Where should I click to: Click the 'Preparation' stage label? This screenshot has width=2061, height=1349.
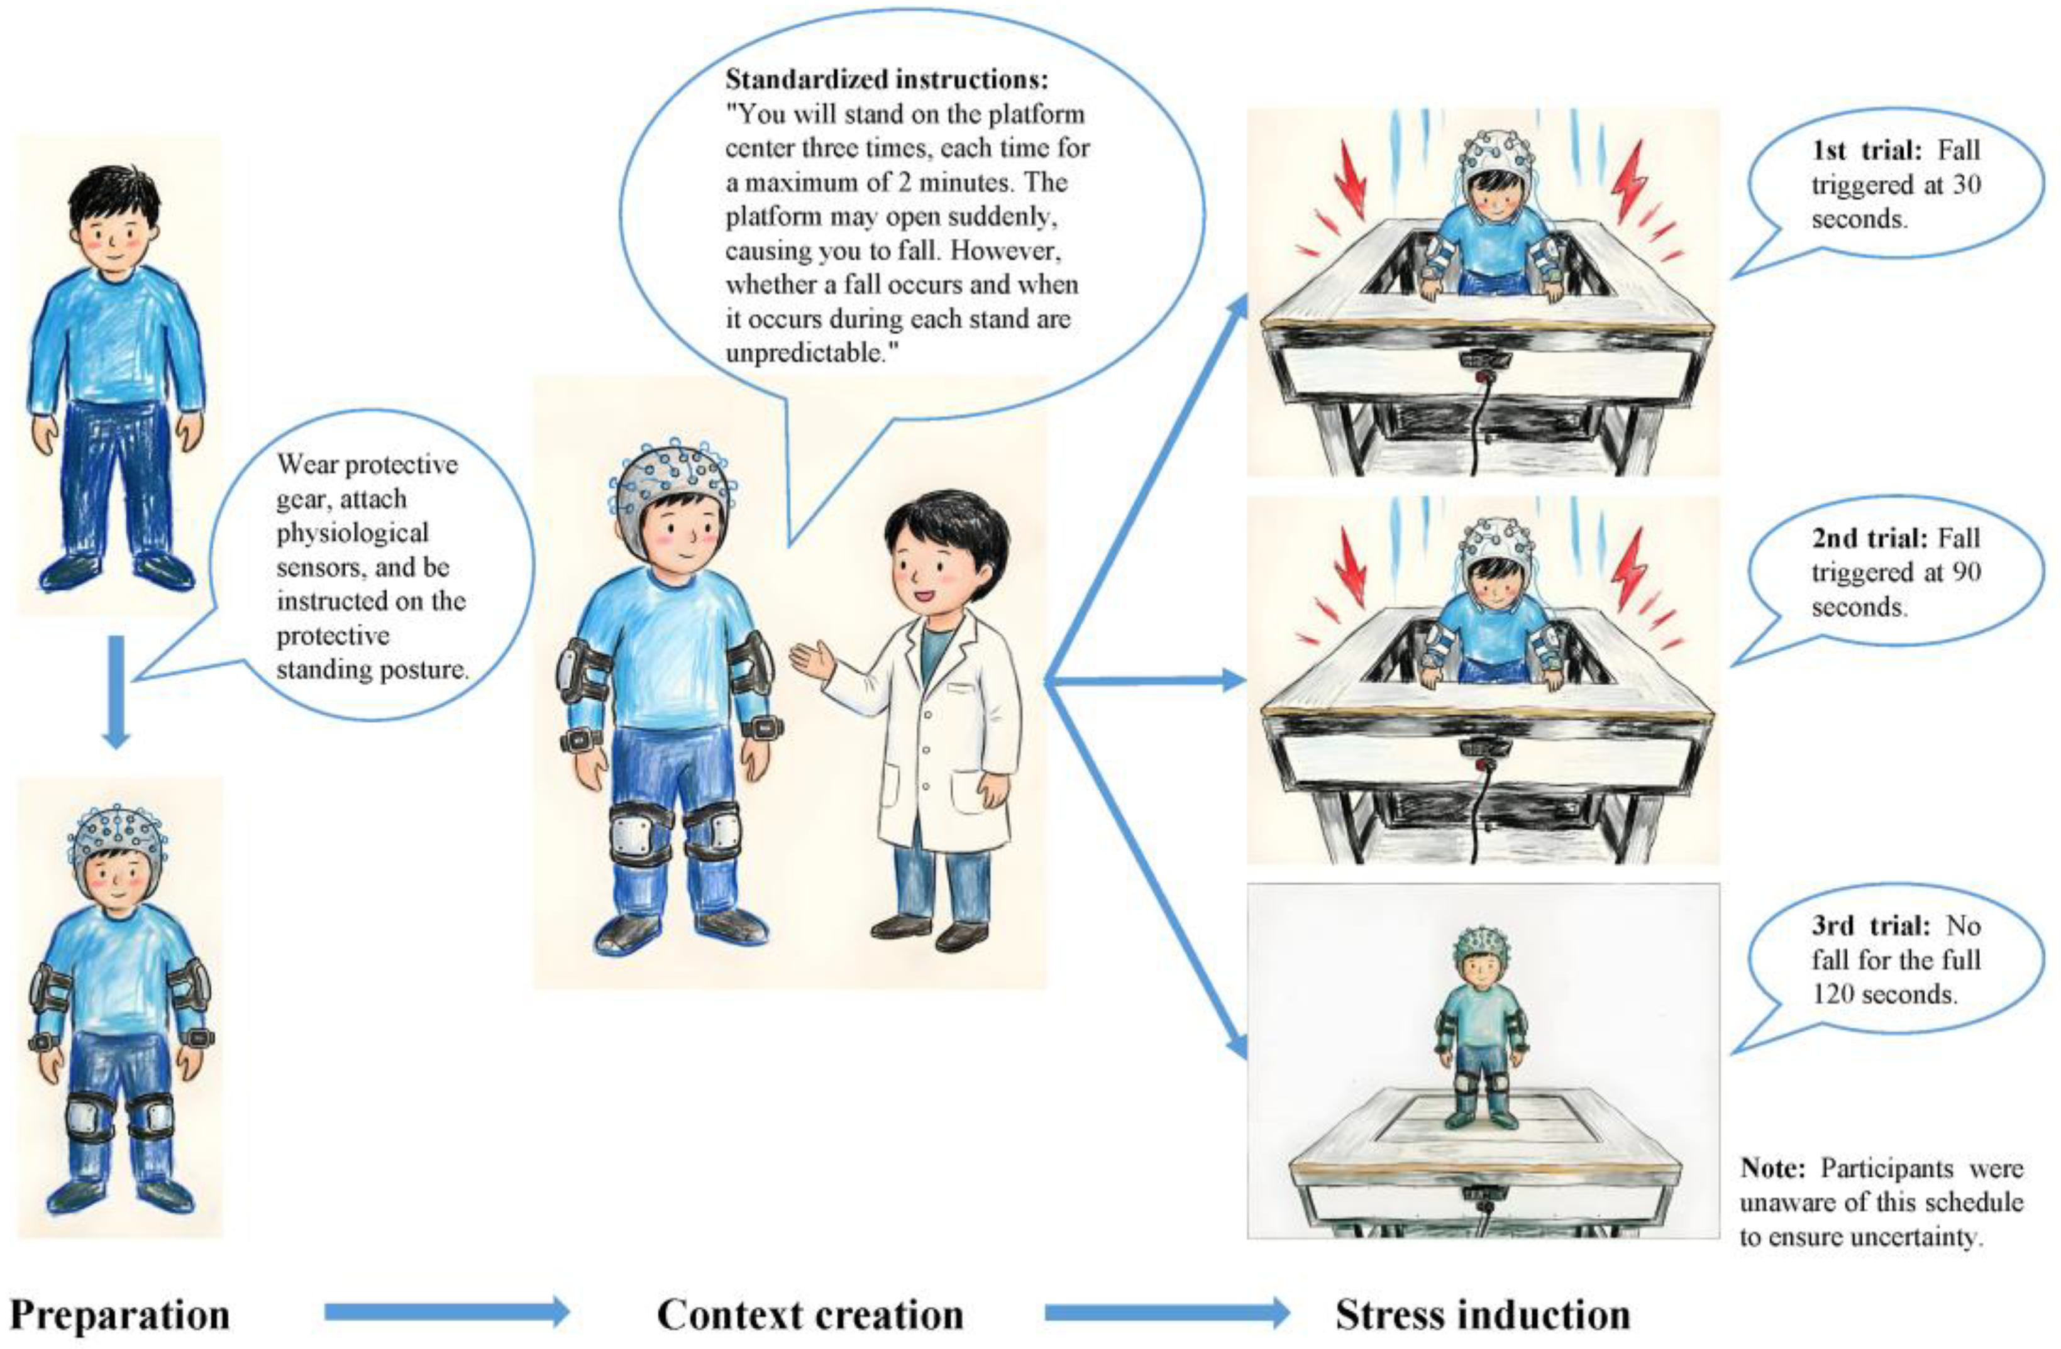pos(119,1314)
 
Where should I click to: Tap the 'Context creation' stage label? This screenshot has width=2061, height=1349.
pos(810,1314)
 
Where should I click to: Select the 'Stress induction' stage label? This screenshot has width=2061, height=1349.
pos(1482,1314)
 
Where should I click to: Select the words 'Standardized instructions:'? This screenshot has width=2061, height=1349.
pos(886,80)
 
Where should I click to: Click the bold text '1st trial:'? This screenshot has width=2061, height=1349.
pos(1866,151)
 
